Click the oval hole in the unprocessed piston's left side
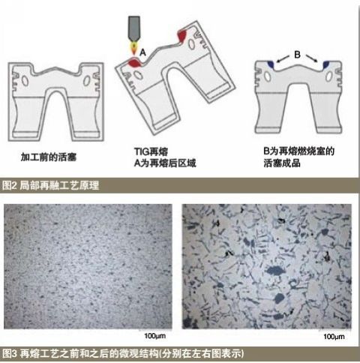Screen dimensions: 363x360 pos(29,81)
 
